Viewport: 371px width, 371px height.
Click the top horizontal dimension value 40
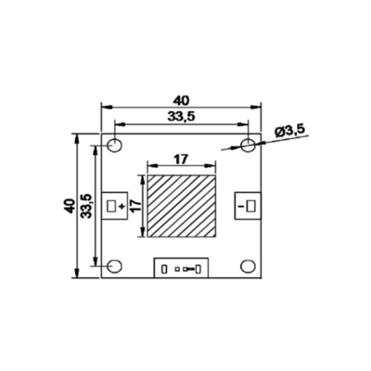(x=181, y=98)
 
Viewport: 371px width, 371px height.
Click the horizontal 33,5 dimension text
(x=179, y=116)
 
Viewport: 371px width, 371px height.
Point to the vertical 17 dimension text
(x=134, y=206)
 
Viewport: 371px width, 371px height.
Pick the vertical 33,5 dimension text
(x=86, y=206)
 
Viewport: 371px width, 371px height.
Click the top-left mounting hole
(x=114, y=145)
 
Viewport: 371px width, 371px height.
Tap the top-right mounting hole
(x=248, y=145)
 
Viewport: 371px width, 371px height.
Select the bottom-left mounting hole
(x=114, y=266)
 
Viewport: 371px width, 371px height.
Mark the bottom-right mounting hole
(x=248, y=266)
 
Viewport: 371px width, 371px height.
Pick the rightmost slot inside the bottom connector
(x=198, y=270)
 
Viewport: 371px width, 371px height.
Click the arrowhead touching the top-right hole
(x=257, y=142)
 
